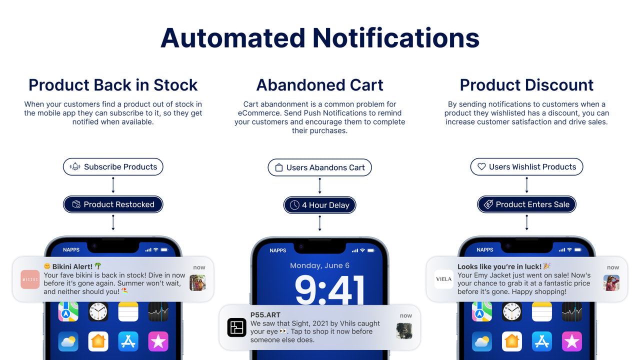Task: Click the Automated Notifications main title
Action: tap(320, 38)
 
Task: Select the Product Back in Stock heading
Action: tap(113, 85)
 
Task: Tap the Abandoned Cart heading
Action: tap(320, 85)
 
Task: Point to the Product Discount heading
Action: tap(526, 85)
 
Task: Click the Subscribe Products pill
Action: tap(113, 167)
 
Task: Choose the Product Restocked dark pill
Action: tap(113, 204)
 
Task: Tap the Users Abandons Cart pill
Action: tap(320, 167)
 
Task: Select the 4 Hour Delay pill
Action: tap(320, 205)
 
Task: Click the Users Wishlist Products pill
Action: tap(526, 167)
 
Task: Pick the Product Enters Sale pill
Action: tap(526, 204)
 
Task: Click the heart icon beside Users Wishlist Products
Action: tap(481, 167)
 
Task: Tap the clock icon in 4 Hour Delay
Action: tap(294, 205)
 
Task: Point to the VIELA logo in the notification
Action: tap(443, 279)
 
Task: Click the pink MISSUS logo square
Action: tap(30, 279)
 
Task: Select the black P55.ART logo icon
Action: tap(237, 327)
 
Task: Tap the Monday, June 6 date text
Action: tap(320, 265)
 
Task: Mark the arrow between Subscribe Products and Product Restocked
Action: tap(113, 185)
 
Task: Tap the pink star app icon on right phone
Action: tap(571, 341)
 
